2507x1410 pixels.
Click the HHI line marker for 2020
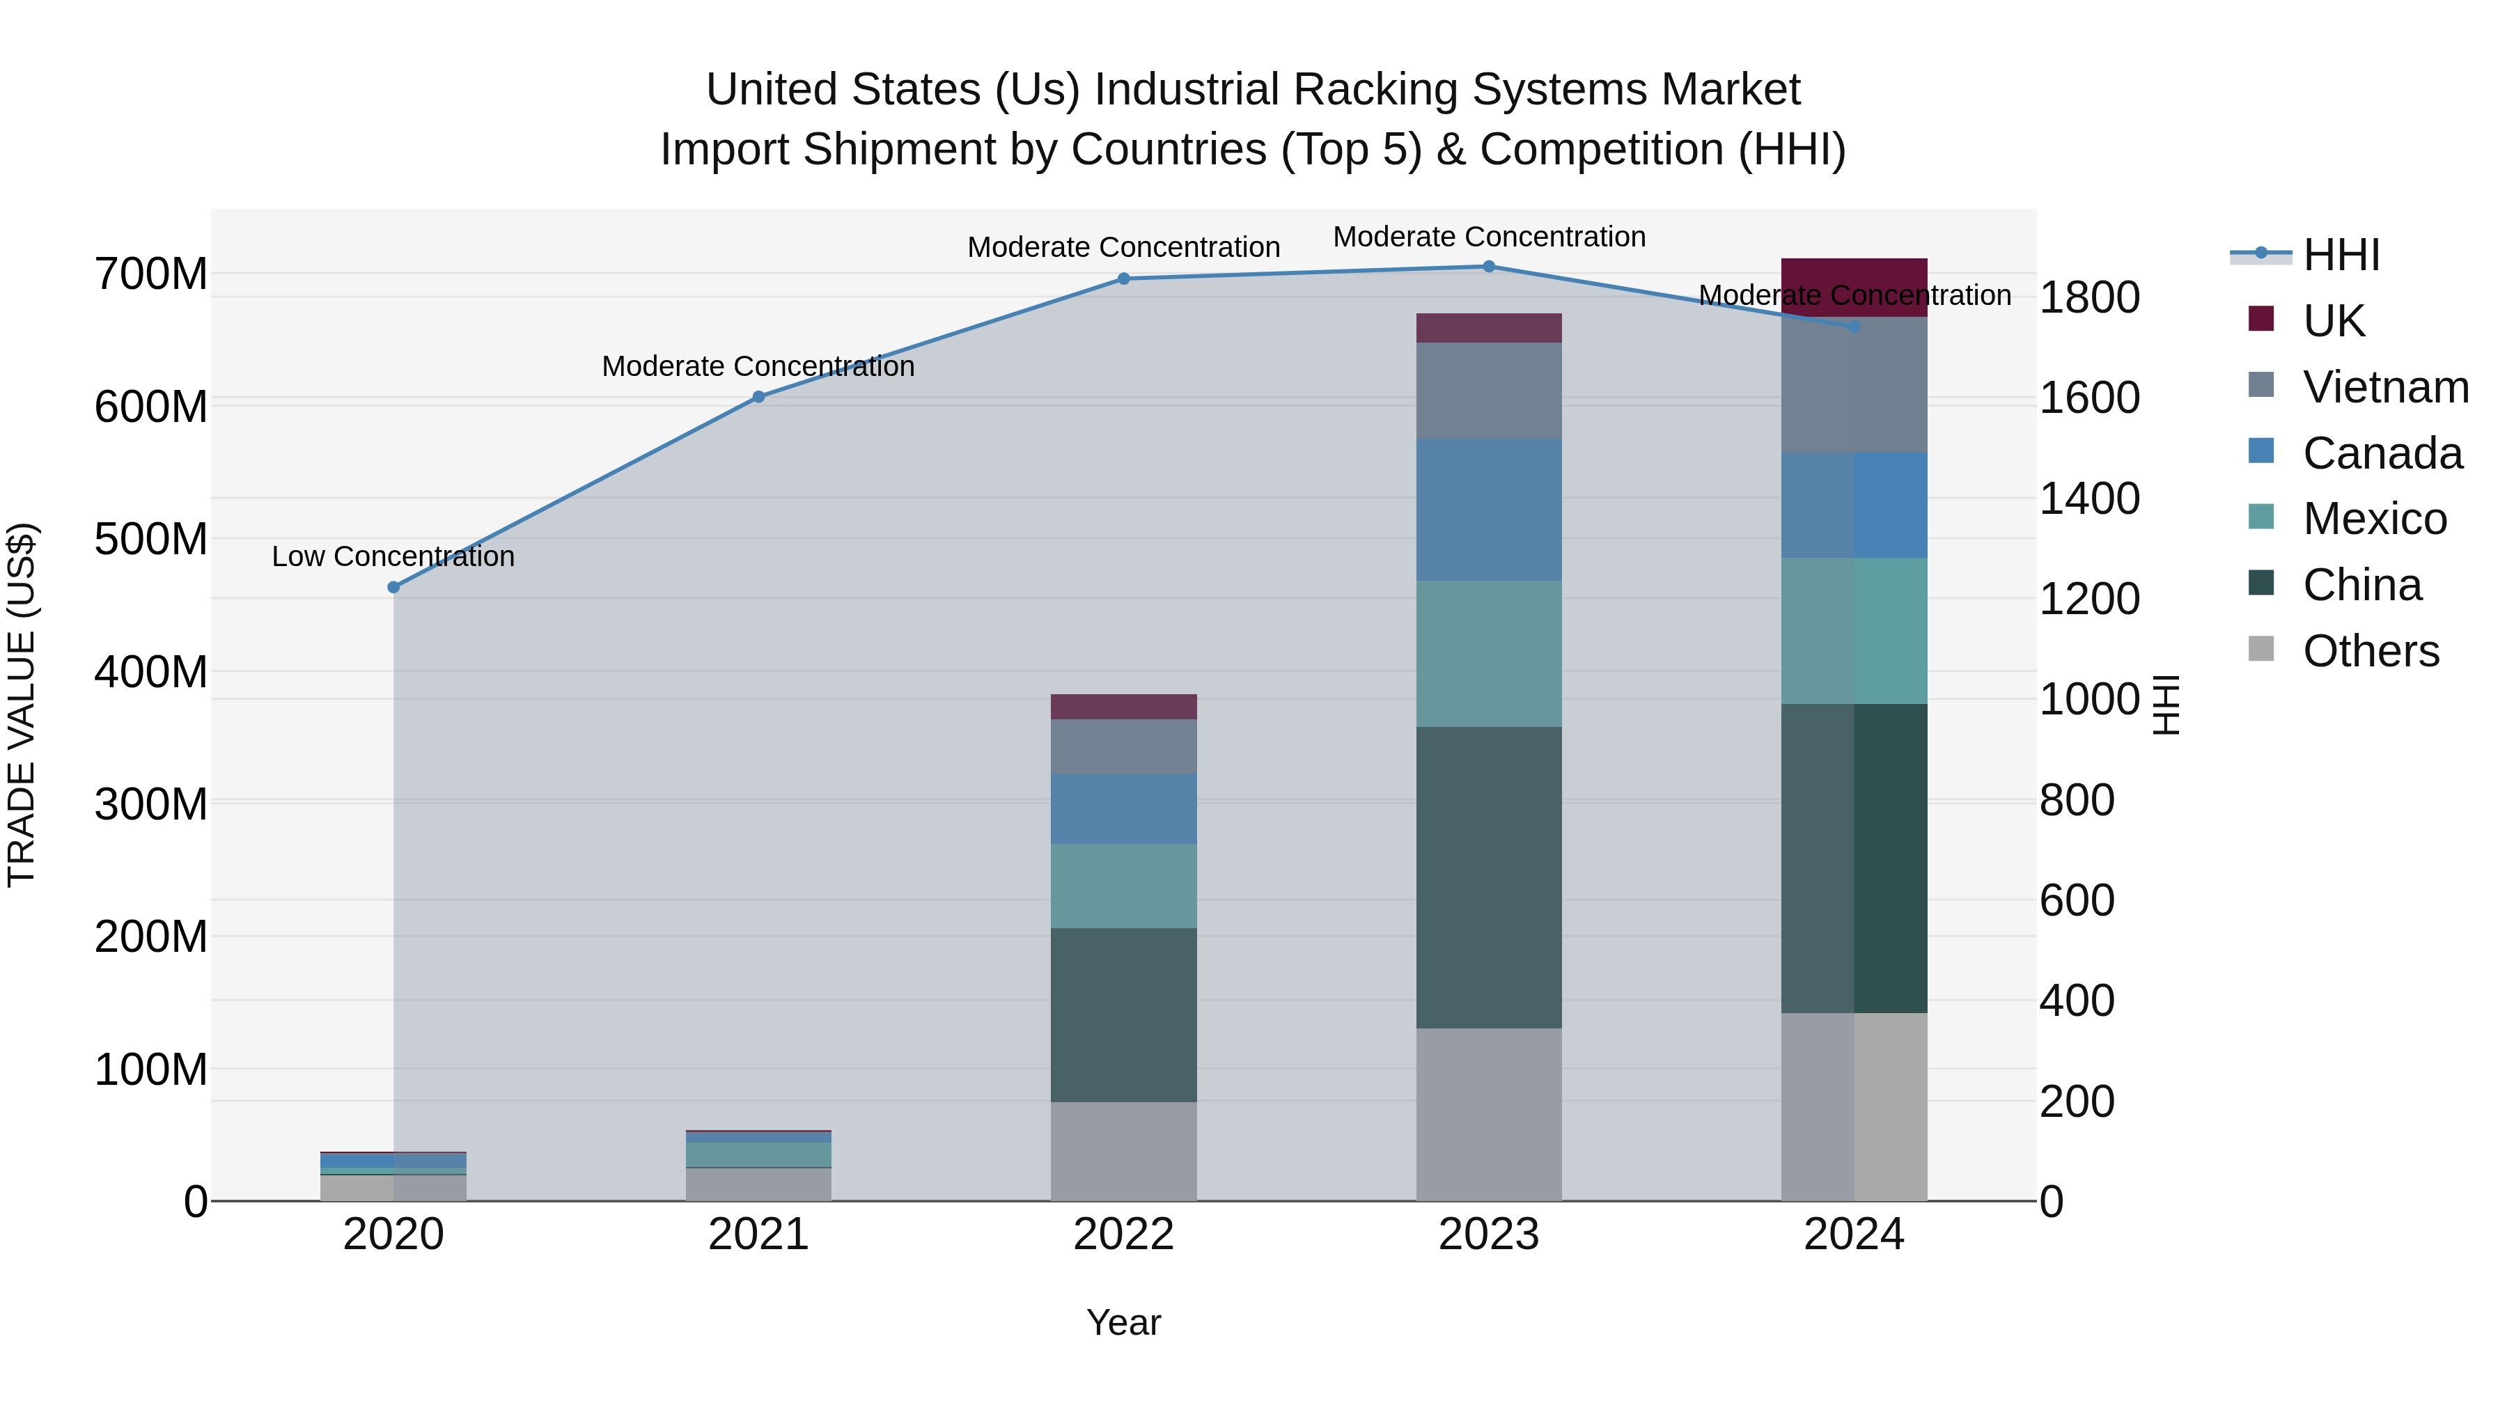click(x=393, y=587)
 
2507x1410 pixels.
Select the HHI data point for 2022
click(x=1123, y=279)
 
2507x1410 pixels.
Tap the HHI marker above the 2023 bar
click(x=1488, y=267)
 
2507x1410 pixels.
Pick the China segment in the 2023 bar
click(x=1488, y=877)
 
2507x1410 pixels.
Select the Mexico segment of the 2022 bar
click(x=1123, y=886)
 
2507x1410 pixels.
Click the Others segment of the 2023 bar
click(x=1488, y=1114)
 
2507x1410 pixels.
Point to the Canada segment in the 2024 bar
click(x=1853, y=505)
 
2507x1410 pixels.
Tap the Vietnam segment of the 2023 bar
click(x=1488, y=390)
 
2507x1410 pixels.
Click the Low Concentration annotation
click(x=393, y=556)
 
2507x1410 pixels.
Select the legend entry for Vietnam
click(x=2385, y=387)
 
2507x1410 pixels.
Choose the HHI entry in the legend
click(x=2341, y=255)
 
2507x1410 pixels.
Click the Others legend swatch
click(x=2260, y=649)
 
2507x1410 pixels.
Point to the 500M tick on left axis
click(x=151, y=539)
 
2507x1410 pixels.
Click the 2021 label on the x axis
click(x=758, y=1235)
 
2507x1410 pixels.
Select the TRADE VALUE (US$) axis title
click(x=22, y=705)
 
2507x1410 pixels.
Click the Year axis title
click(x=1123, y=1322)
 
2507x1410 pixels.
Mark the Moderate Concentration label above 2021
click(x=758, y=367)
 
